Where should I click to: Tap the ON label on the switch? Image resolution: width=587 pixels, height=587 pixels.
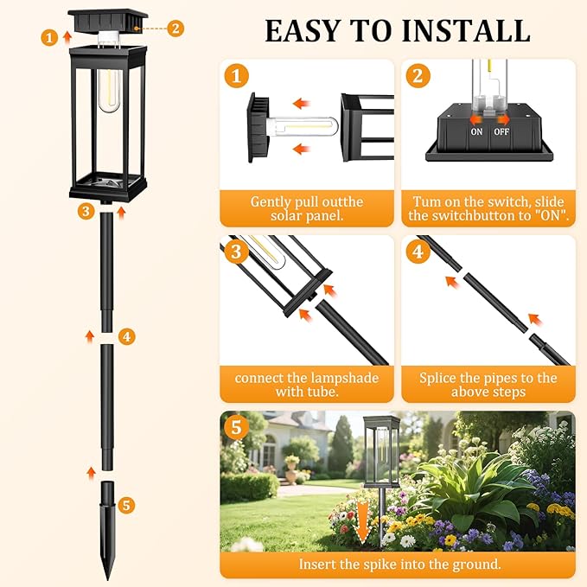click(x=476, y=132)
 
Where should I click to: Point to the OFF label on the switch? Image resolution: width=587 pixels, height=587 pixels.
click(x=501, y=132)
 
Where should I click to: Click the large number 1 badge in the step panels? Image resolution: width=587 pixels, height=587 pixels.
click(x=236, y=75)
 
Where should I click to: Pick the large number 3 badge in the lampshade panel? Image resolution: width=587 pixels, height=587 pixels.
click(x=236, y=252)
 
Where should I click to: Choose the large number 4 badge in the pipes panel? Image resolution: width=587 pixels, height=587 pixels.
click(x=418, y=252)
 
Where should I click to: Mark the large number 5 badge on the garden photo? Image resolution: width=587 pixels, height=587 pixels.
click(x=236, y=428)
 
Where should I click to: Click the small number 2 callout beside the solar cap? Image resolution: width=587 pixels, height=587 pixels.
click(x=175, y=28)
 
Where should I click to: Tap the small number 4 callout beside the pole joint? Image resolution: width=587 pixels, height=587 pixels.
click(x=127, y=336)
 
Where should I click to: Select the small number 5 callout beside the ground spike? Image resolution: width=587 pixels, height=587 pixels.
click(x=127, y=504)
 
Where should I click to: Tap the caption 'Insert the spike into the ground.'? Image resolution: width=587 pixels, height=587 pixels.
click(x=398, y=564)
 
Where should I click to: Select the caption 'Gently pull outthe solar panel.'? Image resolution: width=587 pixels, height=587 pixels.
click(x=307, y=207)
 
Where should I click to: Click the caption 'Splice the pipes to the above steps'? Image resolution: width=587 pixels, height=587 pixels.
click(x=488, y=385)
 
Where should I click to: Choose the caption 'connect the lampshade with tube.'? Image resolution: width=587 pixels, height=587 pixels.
click(x=307, y=385)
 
